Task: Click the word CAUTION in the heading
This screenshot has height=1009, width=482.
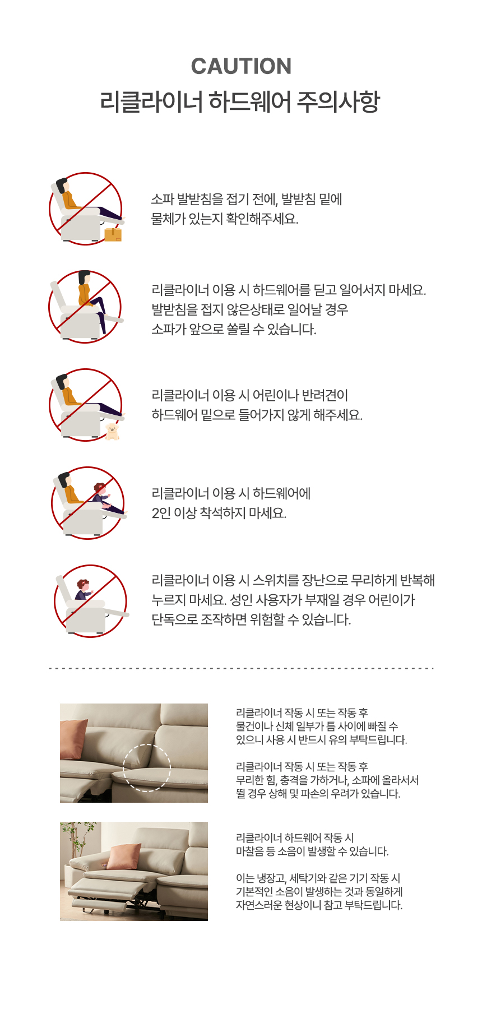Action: pyautogui.click(x=241, y=66)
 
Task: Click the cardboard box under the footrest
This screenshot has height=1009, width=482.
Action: pyautogui.click(x=113, y=234)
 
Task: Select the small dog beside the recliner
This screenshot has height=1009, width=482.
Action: pyautogui.click(x=113, y=432)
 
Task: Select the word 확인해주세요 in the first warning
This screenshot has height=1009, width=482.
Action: pyautogui.click(x=262, y=219)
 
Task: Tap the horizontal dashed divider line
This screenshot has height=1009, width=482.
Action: pyautogui.click(x=241, y=668)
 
